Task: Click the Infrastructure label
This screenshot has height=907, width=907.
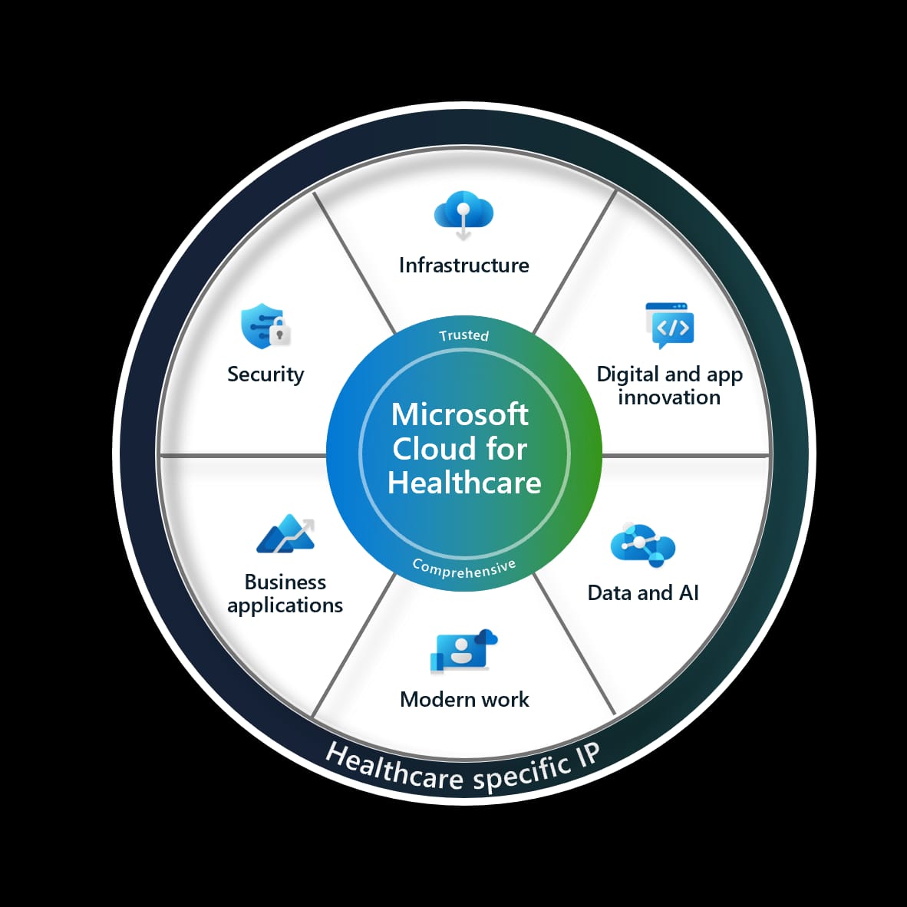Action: click(463, 266)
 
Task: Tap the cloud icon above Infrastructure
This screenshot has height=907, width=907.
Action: click(463, 211)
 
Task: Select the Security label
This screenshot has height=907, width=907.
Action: click(266, 374)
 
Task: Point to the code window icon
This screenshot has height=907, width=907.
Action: click(670, 325)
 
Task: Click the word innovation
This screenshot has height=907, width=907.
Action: click(669, 397)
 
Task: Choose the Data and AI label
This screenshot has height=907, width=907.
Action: click(643, 593)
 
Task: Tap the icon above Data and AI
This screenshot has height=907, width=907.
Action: click(642, 546)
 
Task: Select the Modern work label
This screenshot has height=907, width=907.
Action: click(464, 700)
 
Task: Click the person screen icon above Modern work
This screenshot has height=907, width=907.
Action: click(463, 652)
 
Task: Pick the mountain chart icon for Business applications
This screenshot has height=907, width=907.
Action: click(285, 535)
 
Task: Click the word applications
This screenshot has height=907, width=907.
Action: click(285, 605)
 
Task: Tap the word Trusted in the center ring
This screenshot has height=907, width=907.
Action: click(463, 335)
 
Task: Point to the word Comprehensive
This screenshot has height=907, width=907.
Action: click(463, 569)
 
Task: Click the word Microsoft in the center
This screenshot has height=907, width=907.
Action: click(460, 414)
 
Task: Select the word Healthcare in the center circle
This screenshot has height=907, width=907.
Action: click(464, 483)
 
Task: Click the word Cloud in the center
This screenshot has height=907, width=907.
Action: click(426, 449)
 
